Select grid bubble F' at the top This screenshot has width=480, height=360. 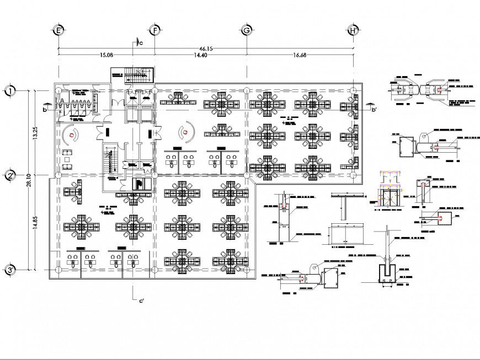click(156, 30)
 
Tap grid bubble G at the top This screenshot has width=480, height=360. click(247, 30)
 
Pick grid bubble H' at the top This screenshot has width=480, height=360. click(354, 30)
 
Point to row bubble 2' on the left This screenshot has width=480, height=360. click(9, 176)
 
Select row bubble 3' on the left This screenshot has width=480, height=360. click(9, 270)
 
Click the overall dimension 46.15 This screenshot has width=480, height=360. click(207, 49)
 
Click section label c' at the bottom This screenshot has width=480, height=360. click(142, 300)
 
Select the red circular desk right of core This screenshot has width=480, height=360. click(186, 132)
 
